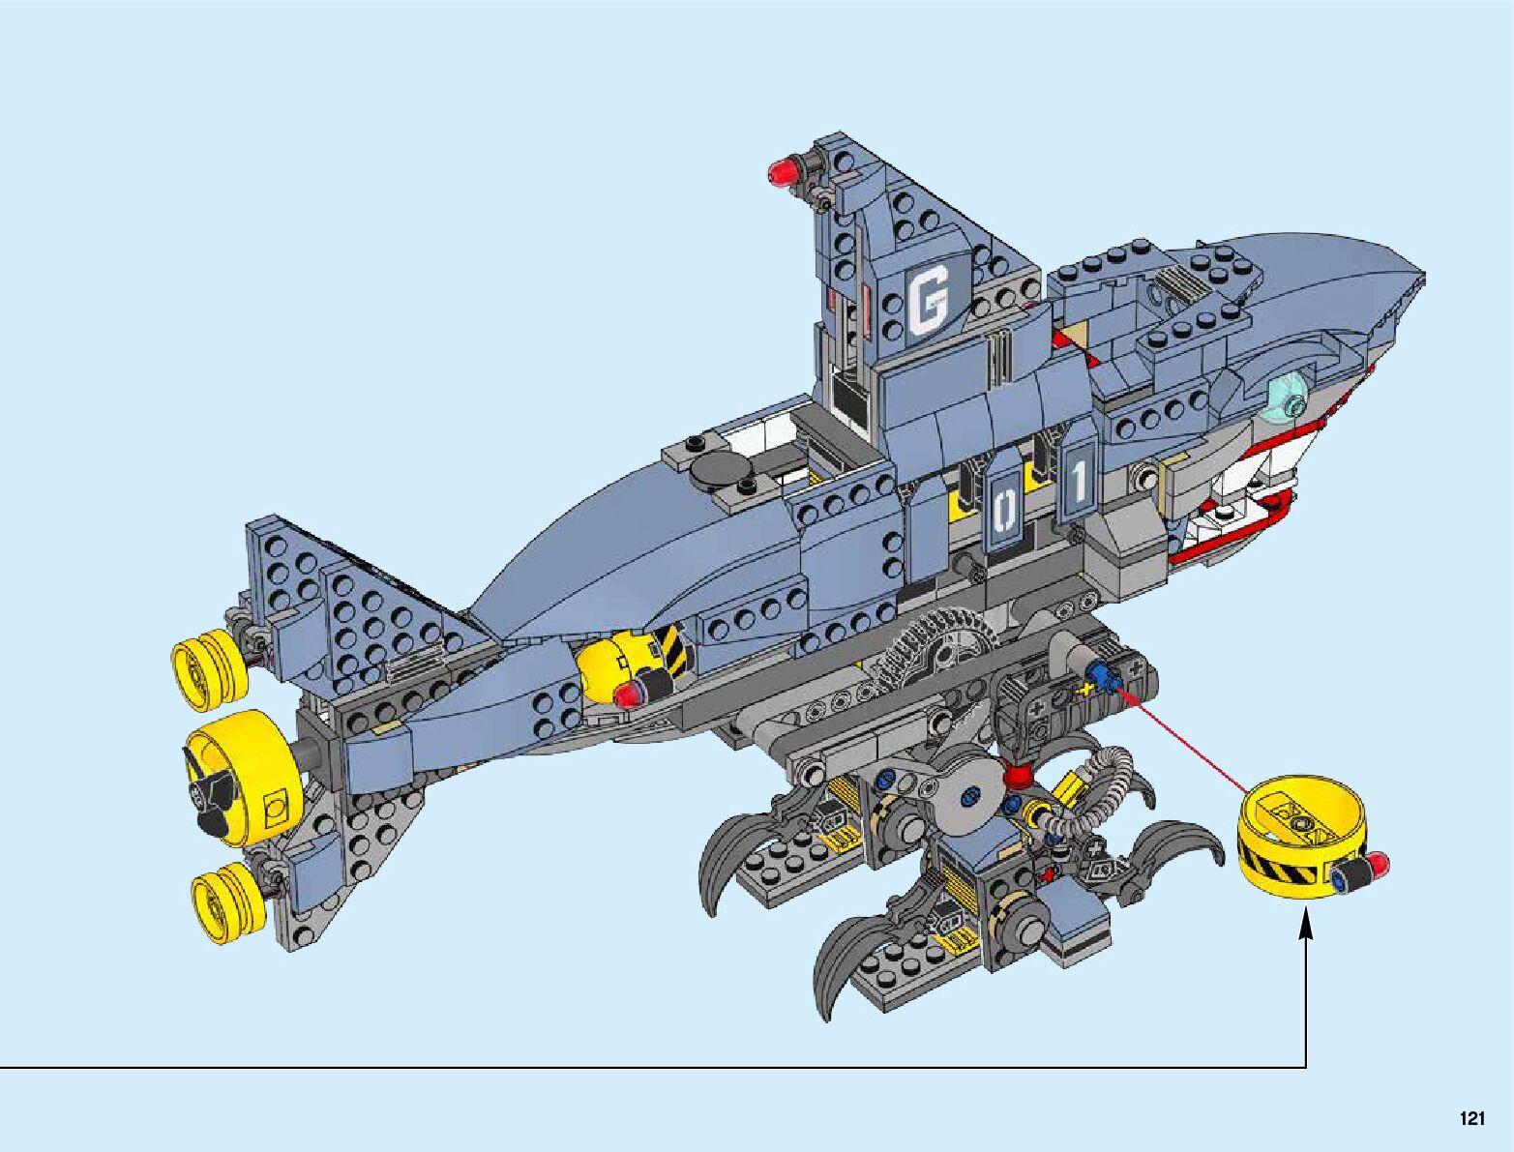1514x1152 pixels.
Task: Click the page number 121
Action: pyautogui.click(x=1471, y=1119)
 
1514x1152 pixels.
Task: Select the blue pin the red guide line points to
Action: pyautogui.click(x=1103, y=674)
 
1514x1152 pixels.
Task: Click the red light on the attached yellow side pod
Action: pyautogui.click(x=630, y=693)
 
